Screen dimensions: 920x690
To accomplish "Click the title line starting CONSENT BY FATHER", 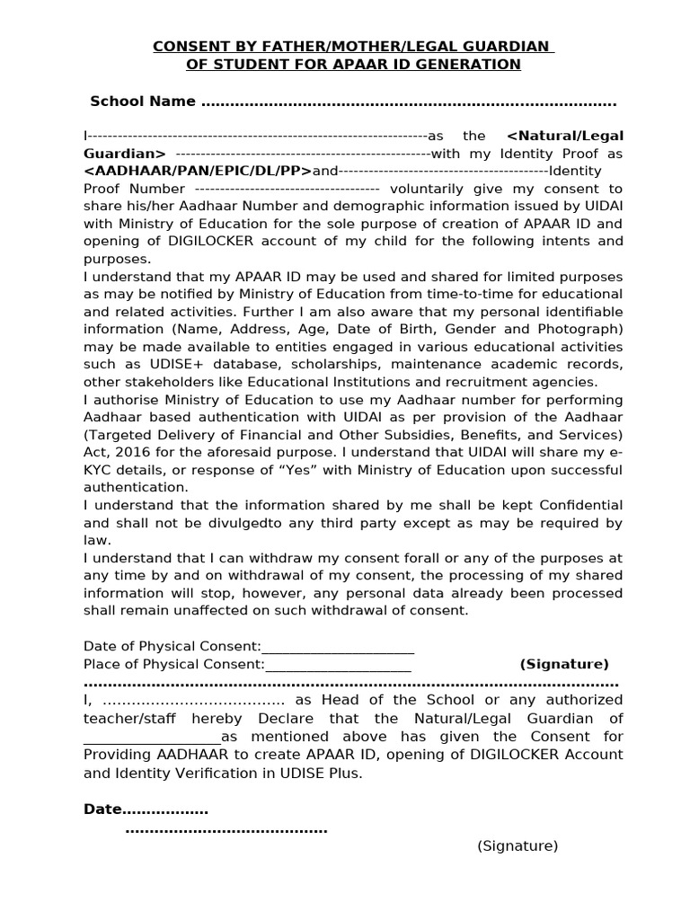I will [x=353, y=47].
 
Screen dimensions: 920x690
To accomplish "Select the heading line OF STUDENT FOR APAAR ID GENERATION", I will [x=353, y=65].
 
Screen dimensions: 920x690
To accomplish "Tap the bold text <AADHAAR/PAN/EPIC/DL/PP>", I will [x=198, y=171].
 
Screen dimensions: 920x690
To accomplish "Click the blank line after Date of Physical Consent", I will [x=338, y=647].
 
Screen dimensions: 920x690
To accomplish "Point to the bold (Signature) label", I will [x=564, y=664].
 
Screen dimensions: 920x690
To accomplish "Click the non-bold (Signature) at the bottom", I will [x=517, y=845].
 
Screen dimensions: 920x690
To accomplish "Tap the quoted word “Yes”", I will [x=297, y=470].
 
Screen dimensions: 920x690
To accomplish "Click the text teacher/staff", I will [x=128, y=718].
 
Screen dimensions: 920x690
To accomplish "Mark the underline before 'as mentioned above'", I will [x=152, y=737].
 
